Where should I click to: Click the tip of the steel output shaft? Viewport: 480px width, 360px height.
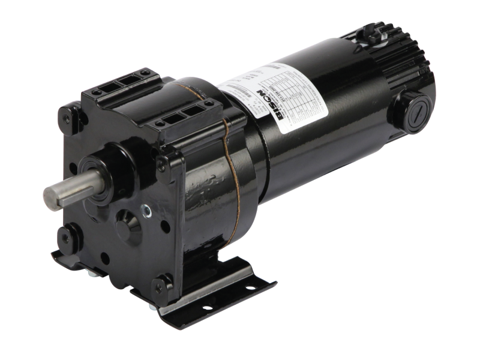tap(49, 196)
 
